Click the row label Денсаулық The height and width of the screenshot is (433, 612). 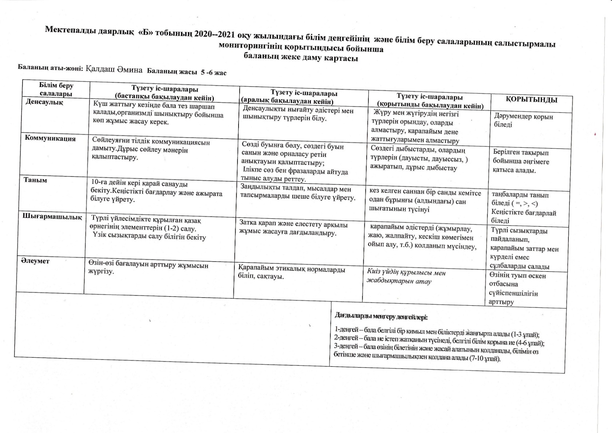(44, 102)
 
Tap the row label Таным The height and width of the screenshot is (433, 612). (35, 180)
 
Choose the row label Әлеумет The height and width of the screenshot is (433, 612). (35, 261)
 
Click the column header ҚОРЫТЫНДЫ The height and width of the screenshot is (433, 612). (531, 100)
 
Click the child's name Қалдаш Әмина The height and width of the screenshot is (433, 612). (114, 70)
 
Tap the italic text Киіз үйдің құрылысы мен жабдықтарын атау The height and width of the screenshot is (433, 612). (406, 277)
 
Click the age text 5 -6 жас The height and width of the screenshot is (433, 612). (213, 73)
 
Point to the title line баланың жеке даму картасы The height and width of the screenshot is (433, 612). (300, 57)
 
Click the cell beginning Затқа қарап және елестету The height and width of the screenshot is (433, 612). (293, 229)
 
